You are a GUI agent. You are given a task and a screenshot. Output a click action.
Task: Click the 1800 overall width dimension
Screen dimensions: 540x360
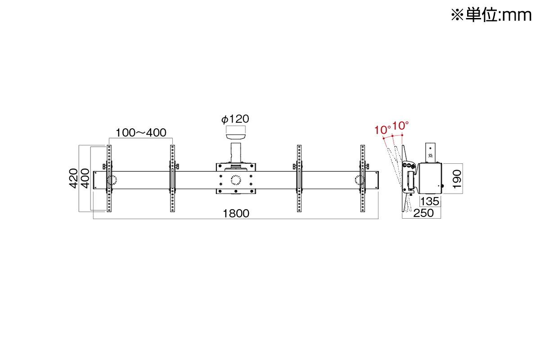236,213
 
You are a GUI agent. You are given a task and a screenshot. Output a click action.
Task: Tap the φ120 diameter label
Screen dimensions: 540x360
235,119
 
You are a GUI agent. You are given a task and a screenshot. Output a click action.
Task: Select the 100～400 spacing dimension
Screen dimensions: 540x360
141,133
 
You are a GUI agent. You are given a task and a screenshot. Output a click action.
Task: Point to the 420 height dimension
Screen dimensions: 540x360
73,178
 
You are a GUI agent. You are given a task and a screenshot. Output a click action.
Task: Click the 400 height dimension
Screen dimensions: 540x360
85,178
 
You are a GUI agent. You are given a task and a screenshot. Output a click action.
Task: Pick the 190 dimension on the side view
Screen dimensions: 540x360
457,179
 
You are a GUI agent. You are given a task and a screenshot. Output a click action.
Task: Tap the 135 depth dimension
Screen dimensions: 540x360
430,201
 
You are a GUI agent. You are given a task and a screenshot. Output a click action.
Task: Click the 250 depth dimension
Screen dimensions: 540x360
423,213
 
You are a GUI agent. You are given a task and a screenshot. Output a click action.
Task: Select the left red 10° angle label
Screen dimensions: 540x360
382,130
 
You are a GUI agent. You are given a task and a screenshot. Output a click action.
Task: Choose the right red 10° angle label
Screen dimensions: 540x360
400,126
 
